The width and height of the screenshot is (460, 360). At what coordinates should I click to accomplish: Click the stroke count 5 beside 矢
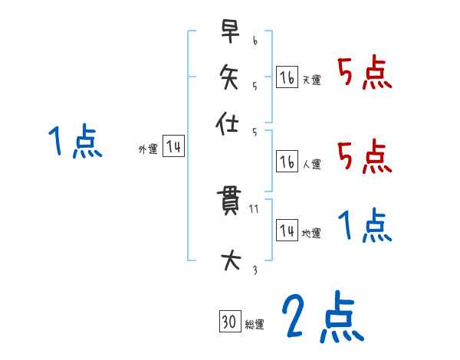pyautogui.click(x=255, y=86)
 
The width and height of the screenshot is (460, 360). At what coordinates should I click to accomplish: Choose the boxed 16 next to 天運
pyautogui.click(x=287, y=77)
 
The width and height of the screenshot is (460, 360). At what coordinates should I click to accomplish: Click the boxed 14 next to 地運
pyautogui.click(x=287, y=231)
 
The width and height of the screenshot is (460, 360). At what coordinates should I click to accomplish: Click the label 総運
pyautogui.click(x=255, y=325)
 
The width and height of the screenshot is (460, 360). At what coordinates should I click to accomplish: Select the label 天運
pyautogui.click(x=311, y=80)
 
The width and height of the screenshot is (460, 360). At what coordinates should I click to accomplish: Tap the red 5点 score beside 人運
pyautogui.click(x=364, y=158)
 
